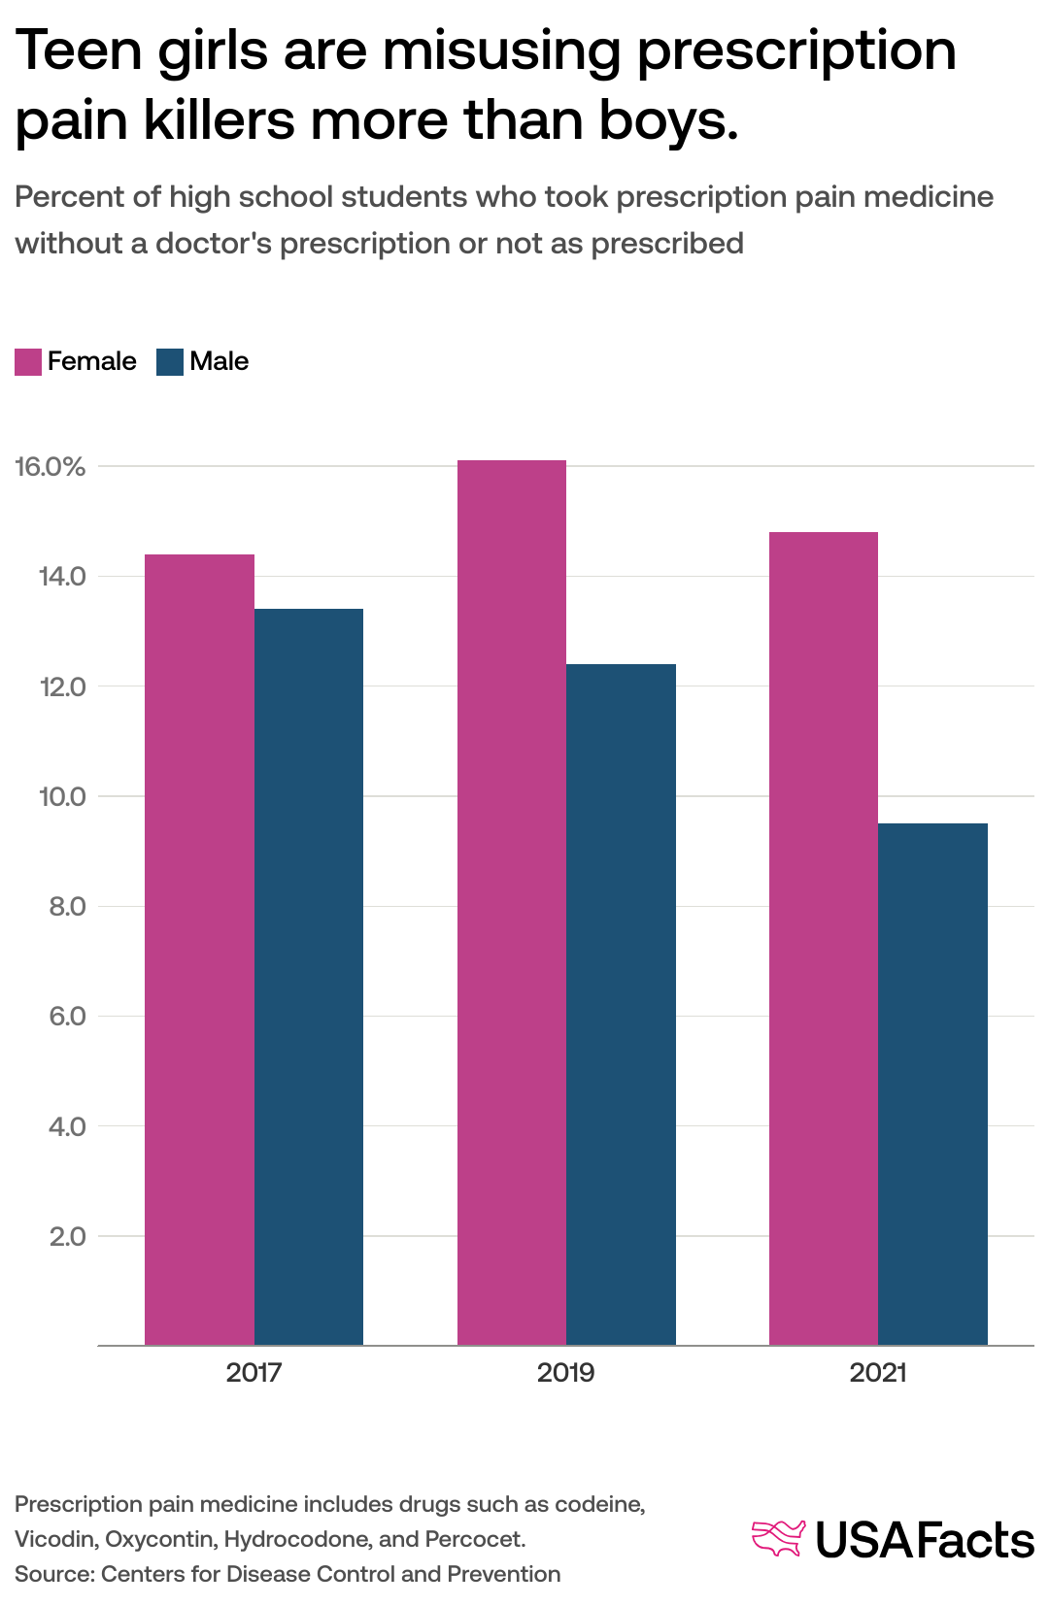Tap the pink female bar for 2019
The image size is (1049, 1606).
click(512, 903)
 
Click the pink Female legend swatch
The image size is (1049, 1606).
click(28, 362)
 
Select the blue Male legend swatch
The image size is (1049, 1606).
click(170, 362)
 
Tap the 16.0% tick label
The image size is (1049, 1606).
click(51, 467)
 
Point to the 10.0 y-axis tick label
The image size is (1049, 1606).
click(62, 797)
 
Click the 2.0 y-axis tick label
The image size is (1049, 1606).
click(67, 1237)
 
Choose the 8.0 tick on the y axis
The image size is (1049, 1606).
click(67, 907)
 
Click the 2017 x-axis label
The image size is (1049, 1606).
click(254, 1373)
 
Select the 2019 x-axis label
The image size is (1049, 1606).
click(565, 1373)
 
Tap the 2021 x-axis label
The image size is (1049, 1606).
click(878, 1373)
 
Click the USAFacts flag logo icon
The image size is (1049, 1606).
click(779, 1539)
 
